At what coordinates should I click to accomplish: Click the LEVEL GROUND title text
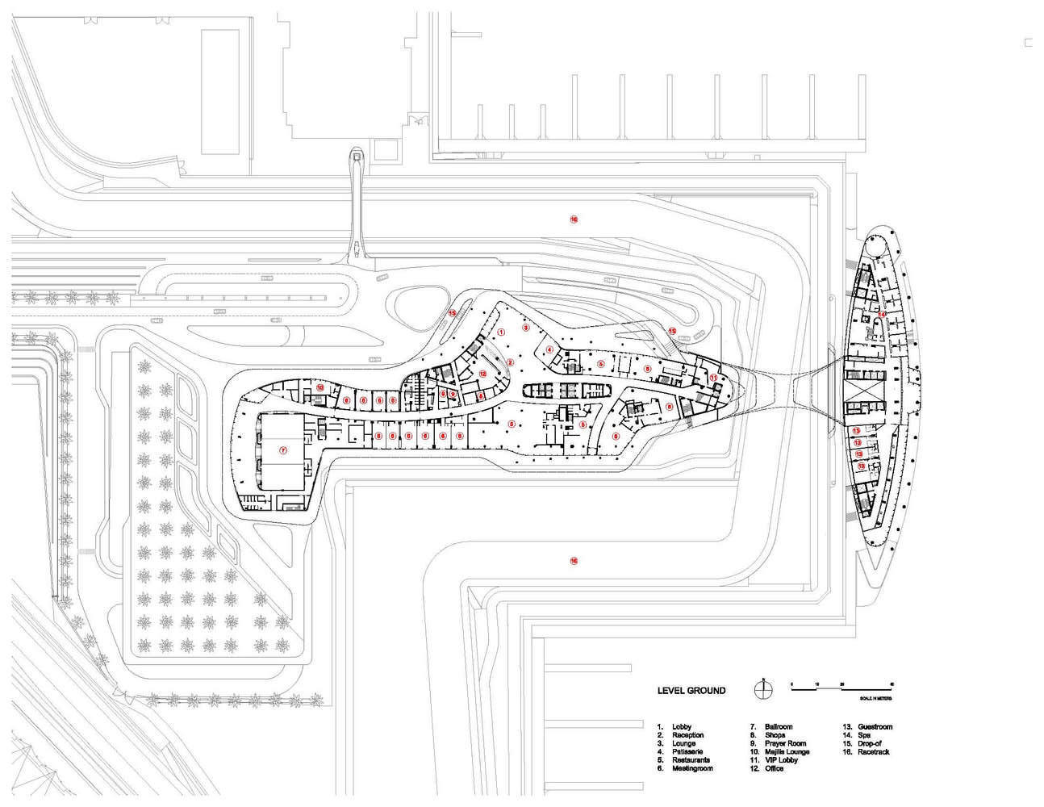pos(691,691)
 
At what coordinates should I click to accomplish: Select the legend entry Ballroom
pos(779,727)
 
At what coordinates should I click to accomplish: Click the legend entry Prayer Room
pos(785,743)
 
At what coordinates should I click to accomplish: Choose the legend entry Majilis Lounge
pos(787,752)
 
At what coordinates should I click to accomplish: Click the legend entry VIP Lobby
pos(781,760)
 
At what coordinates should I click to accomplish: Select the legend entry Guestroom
pos(875,727)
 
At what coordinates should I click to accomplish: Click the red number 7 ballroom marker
pos(283,450)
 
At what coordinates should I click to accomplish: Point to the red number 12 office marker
pos(482,373)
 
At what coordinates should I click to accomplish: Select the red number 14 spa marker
pos(883,314)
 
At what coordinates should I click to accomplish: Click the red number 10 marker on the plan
pos(319,388)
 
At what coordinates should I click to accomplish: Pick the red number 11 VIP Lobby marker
pos(713,377)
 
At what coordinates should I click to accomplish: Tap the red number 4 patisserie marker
pos(549,349)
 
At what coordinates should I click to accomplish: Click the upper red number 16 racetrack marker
pos(574,219)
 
